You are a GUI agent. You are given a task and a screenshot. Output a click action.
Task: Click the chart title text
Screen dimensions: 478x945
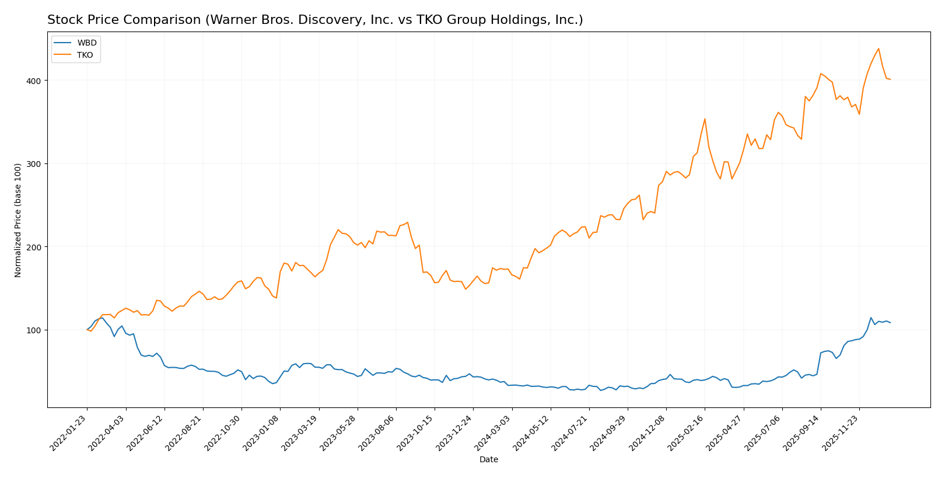(x=315, y=20)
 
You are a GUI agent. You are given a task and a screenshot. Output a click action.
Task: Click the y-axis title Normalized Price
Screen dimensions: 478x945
(x=18, y=220)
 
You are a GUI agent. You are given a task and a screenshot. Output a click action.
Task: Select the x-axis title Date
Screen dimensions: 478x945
(x=489, y=460)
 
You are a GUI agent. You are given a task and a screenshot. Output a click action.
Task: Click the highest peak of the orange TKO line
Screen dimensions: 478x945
(x=878, y=48)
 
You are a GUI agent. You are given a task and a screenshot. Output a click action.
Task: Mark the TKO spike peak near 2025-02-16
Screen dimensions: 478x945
(x=705, y=119)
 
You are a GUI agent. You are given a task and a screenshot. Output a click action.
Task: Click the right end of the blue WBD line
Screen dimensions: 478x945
(x=890, y=323)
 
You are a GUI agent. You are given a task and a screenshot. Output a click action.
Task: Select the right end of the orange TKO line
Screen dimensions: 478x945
(x=890, y=79)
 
